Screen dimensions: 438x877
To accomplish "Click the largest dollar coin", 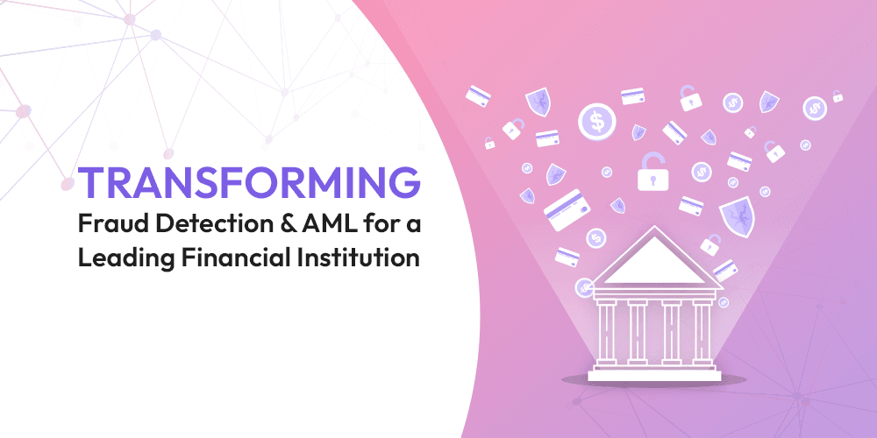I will (x=596, y=122).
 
